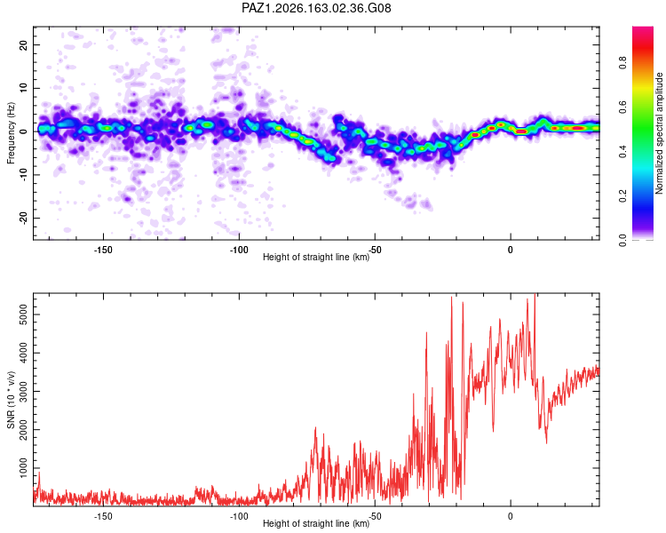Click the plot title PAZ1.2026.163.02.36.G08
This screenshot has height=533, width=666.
pos(316,8)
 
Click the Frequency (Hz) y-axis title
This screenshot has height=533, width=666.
pos(11,133)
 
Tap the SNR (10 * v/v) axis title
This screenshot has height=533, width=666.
pos(11,400)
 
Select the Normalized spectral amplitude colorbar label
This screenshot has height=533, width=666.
pos(659,133)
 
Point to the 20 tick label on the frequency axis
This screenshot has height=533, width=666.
pos(23,44)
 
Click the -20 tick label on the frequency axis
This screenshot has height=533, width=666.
pos(23,218)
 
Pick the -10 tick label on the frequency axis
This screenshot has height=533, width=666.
pos(23,175)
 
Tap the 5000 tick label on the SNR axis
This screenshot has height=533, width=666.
pos(23,314)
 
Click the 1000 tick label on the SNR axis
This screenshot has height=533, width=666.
pos(23,468)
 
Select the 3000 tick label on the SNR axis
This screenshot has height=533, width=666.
pos(23,392)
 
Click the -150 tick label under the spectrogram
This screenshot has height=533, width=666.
pos(103,250)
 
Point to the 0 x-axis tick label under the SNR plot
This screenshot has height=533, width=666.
pos(510,516)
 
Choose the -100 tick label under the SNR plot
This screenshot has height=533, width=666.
pos(239,516)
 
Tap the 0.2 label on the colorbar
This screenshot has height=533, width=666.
pos(622,196)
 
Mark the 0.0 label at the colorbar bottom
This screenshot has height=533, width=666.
pos(622,240)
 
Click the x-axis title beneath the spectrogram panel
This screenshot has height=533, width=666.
pos(316,257)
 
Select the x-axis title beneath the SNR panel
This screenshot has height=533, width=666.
pos(316,523)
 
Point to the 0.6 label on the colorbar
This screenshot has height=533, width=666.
pos(622,107)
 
